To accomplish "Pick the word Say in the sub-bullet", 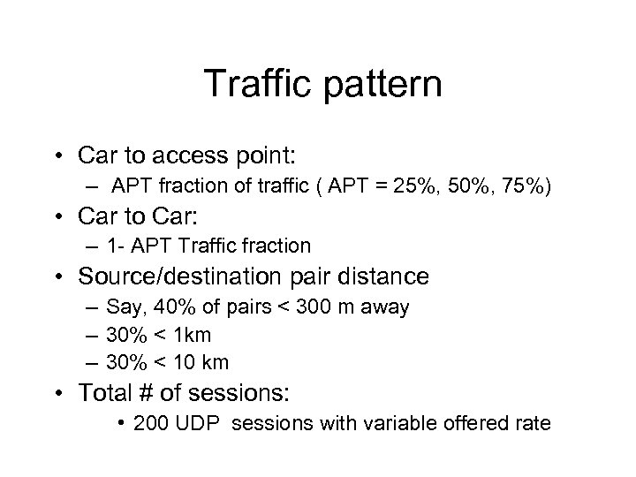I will (x=119, y=307).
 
